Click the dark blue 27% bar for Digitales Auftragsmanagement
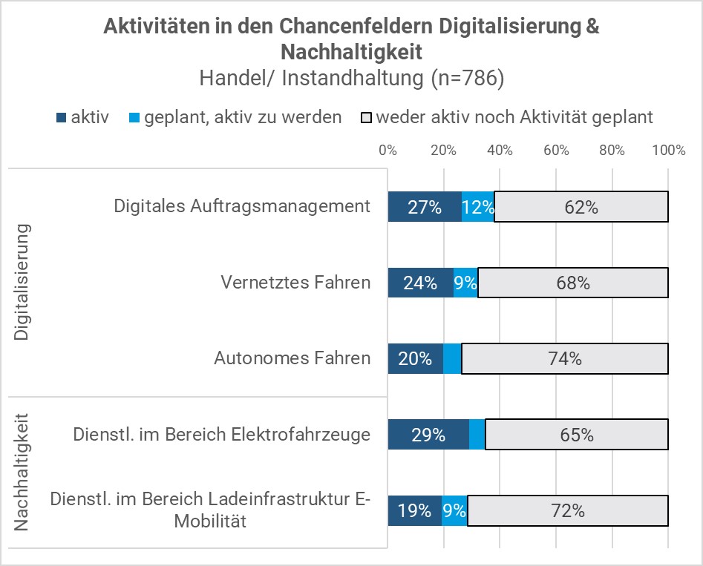coord(425,207)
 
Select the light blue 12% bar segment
coord(478,207)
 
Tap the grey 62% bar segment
coord(581,207)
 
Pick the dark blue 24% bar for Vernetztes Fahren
coord(420,283)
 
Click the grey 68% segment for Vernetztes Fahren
coord(572,283)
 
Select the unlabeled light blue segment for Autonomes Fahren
coord(452,359)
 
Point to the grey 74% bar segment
coord(565,359)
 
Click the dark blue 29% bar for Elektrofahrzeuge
coord(428,435)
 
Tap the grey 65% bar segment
coord(577,435)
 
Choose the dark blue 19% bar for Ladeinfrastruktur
coord(415,510)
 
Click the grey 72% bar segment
coord(568,510)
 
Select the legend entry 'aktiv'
coord(82,117)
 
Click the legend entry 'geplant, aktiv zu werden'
coord(235,117)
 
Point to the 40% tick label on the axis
coord(500,151)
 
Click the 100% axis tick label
coord(668,151)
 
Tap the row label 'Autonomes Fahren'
coord(292,359)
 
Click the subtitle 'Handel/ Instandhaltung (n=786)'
coord(351,79)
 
